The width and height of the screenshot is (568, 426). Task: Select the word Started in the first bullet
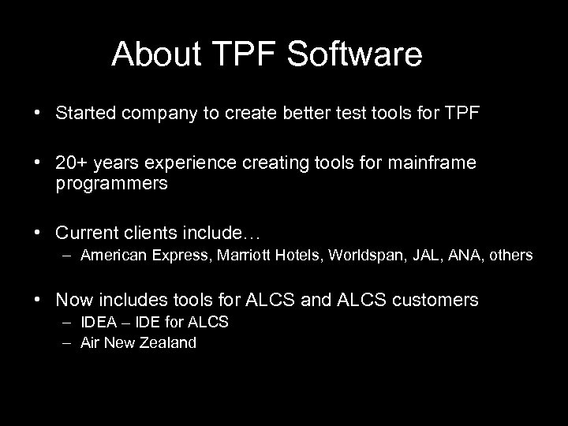click(x=81, y=113)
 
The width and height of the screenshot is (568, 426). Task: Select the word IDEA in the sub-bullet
click(x=96, y=322)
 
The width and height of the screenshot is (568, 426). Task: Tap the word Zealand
click(x=169, y=342)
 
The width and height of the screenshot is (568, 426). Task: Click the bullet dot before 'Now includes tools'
click(x=37, y=300)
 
